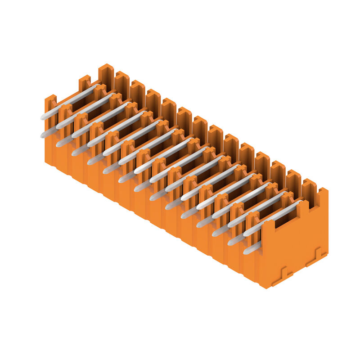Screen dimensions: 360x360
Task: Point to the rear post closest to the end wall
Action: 309,187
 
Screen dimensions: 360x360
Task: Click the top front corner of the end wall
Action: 262,223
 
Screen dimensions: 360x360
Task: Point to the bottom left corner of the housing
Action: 45,163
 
